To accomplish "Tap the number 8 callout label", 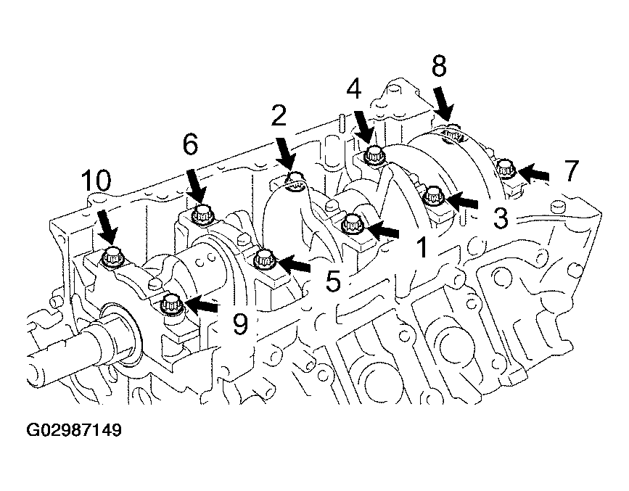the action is (x=439, y=67).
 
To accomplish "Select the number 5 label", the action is (x=333, y=281).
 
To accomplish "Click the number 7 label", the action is (x=571, y=170).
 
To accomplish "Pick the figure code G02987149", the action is (x=74, y=430).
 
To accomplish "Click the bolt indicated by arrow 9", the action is (x=171, y=305).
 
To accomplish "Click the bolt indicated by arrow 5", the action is (x=263, y=259).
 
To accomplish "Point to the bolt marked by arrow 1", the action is (x=352, y=224).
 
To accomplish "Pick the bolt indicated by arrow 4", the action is (x=375, y=155).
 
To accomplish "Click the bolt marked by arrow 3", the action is (x=434, y=196).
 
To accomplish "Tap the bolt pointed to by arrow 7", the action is (x=506, y=169).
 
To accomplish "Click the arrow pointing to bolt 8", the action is (x=443, y=102).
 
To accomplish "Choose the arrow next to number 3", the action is (x=461, y=199).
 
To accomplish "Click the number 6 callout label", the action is (x=190, y=145).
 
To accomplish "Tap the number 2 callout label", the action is (x=279, y=115).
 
